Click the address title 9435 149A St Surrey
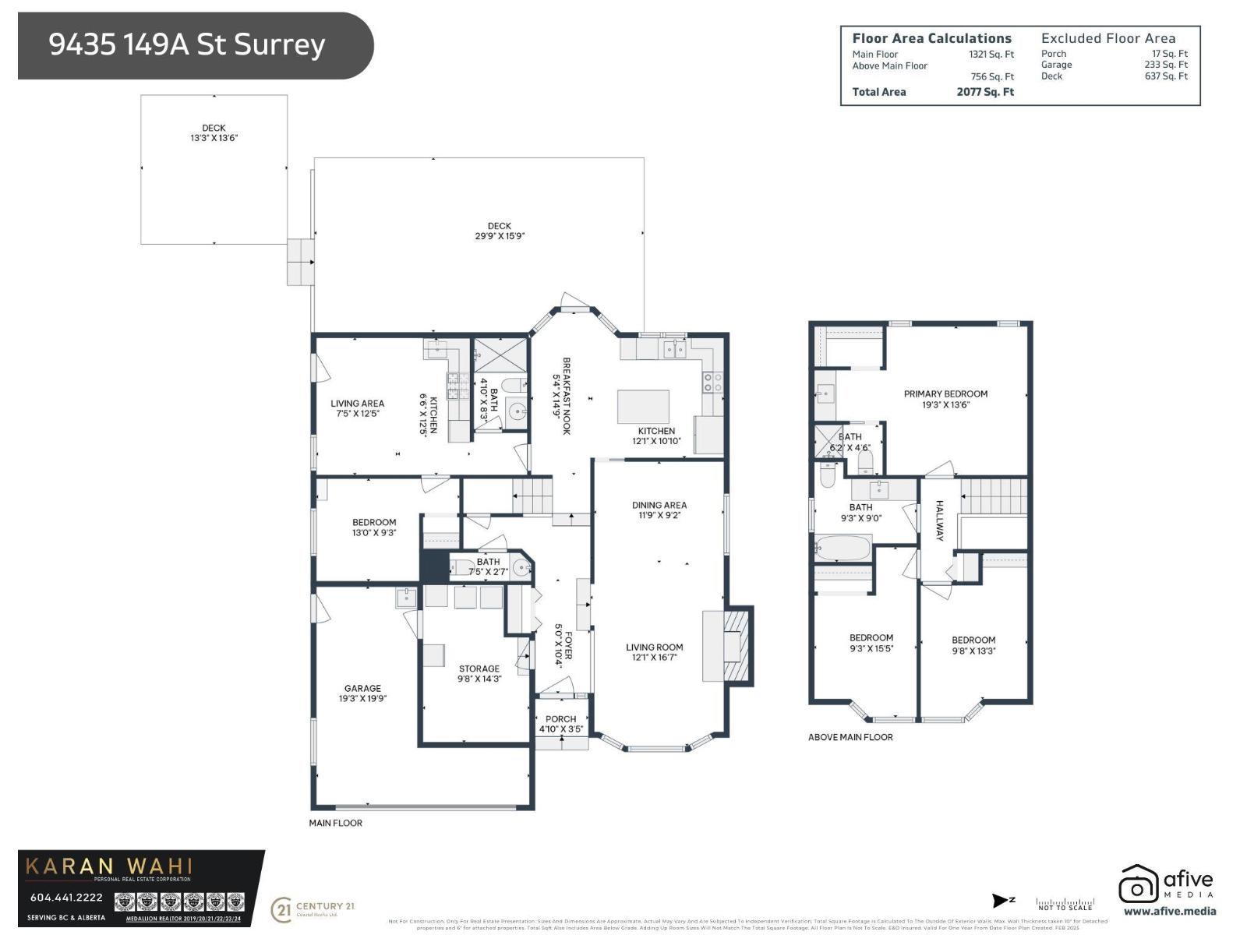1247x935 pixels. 187,44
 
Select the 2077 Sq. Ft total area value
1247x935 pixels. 985,92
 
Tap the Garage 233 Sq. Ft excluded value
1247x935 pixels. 1166,65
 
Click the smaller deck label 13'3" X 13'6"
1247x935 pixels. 214,133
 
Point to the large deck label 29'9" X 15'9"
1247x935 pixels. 500,231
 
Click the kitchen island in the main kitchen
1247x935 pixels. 643,406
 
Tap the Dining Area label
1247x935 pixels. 659,510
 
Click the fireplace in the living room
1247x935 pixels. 733,646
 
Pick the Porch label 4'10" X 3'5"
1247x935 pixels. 560,724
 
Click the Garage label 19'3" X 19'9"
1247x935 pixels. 362,693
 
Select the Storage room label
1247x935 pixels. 479,673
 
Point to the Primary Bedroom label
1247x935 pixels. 945,399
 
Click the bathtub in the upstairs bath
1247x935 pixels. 843,548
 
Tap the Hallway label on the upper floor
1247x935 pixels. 939,520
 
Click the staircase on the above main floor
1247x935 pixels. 994,496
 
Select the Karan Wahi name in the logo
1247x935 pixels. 109,866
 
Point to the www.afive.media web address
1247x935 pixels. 1169,911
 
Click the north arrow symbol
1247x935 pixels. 1002,901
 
